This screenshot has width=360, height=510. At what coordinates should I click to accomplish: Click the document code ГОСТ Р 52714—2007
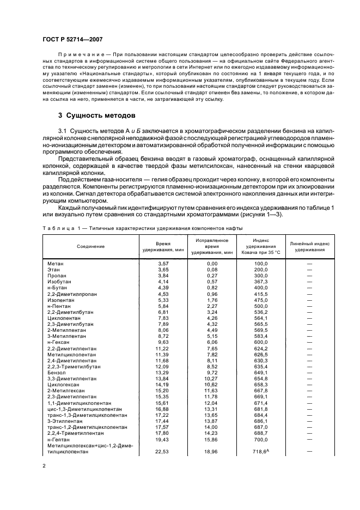[72, 39]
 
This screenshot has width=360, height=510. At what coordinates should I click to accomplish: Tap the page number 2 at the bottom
[45, 466]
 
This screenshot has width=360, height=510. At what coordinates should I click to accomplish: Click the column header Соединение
[90, 246]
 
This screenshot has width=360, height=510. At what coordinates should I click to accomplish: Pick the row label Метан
[56, 263]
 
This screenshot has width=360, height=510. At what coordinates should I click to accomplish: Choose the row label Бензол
[57, 372]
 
